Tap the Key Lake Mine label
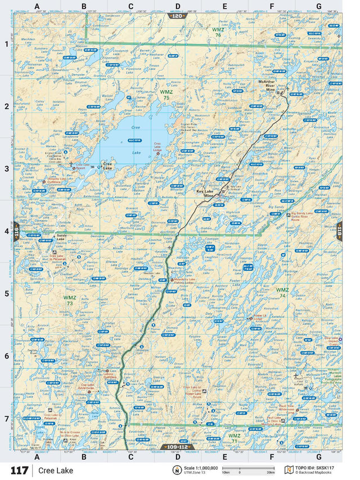(207, 193)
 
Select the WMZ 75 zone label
(166, 94)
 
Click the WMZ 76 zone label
(217, 32)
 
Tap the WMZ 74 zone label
(282, 292)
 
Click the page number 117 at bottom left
(18, 470)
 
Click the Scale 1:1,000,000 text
(202, 467)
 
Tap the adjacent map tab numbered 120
(177, 16)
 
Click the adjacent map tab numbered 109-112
(179, 447)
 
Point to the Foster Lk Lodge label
(260, 317)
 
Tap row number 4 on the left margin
(7, 231)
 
